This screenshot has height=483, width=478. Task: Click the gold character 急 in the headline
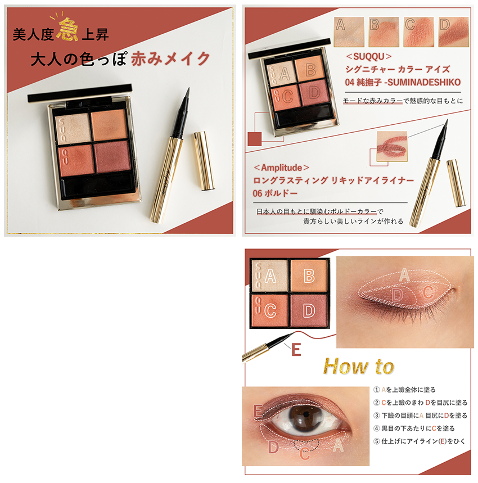pyautogui.click(x=67, y=30)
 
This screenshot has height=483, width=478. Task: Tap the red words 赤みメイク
pyautogui.click(x=170, y=58)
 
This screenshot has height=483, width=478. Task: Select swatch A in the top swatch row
pyautogui.click(x=349, y=32)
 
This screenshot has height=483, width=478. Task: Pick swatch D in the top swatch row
pyautogui.click(x=453, y=32)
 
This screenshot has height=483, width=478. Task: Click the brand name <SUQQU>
pyautogui.click(x=369, y=57)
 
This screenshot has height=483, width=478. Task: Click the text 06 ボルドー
pyautogui.click(x=275, y=193)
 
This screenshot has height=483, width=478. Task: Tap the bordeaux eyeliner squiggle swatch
pyautogui.click(x=392, y=146)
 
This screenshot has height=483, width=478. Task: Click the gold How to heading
pyautogui.click(x=359, y=366)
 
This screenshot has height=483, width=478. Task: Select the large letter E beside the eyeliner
pyautogui.click(x=296, y=350)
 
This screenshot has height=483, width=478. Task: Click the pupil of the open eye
pyautogui.click(x=305, y=414)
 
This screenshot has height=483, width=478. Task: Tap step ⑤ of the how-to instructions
pyautogui.click(x=419, y=441)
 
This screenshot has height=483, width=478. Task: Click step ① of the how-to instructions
pyautogui.click(x=404, y=390)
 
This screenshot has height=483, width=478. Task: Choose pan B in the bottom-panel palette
pyautogui.click(x=309, y=276)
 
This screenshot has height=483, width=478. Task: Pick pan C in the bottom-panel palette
pyautogui.click(x=270, y=311)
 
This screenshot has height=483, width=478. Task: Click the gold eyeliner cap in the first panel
pyautogui.click(x=204, y=160)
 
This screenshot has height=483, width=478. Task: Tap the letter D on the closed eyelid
pyautogui.click(x=398, y=295)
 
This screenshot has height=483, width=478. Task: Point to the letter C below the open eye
pyautogui.click(x=305, y=454)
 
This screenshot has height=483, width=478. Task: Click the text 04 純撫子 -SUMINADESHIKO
pyautogui.click(x=403, y=82)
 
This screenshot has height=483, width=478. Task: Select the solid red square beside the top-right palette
pyautogui.click(x=254, y=139)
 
